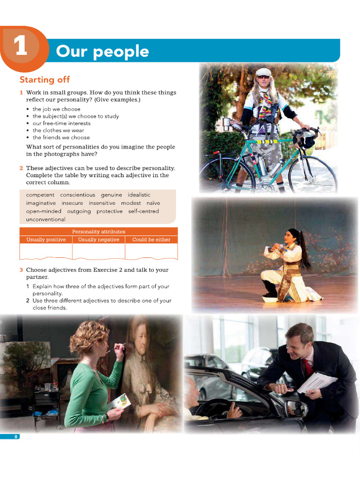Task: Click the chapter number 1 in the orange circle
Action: pos(21,48)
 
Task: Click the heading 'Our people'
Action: pos(102,52)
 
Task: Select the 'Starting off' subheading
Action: pos(45,80)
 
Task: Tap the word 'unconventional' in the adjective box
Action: pos(46,219)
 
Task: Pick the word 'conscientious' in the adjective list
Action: pos(78,195)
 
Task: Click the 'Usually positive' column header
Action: pos(46,240)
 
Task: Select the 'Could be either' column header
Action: pos(151,240)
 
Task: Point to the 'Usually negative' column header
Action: pos(98,240)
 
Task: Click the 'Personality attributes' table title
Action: pos(98,232)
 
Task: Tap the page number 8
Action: pos(16,437)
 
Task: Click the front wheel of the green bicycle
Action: pos(313,174)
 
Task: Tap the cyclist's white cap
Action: pos(263,72)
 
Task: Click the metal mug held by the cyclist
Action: pos(227,124)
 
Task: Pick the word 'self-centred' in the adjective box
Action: pos(143,211)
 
